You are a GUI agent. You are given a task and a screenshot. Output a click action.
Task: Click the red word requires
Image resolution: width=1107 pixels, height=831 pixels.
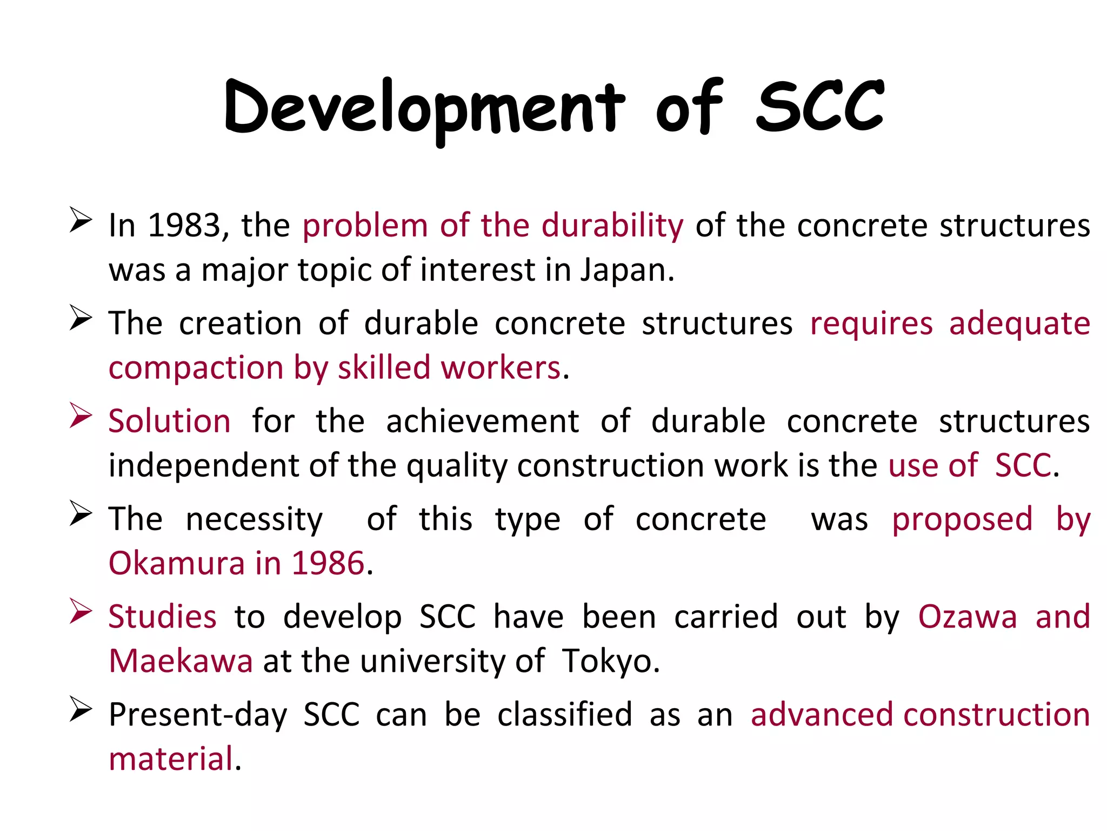pos(871,324)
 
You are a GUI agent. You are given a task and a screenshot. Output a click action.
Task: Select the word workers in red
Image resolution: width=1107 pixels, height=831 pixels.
pos(501,368)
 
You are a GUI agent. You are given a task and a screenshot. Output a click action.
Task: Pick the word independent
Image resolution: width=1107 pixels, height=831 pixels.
pos(203,465)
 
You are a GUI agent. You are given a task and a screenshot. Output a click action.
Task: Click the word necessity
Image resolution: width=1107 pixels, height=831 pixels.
pos(254,519)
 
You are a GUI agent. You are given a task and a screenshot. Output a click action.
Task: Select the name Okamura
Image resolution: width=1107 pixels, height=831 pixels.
pos(177,563)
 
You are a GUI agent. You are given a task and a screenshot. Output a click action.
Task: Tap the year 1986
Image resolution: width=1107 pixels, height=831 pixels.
pos(328,563)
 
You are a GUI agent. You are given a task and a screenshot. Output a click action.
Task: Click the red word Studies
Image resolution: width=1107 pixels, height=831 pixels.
pos(162,617)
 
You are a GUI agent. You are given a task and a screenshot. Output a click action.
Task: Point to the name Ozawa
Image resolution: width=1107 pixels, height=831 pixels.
pos(968,617)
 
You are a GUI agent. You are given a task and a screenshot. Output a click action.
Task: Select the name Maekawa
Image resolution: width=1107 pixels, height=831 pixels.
pos(181,661)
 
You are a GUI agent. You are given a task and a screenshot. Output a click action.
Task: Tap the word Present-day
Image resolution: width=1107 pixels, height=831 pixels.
pos(198,715)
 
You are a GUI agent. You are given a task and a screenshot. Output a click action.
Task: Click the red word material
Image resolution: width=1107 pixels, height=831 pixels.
pos(171,759)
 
